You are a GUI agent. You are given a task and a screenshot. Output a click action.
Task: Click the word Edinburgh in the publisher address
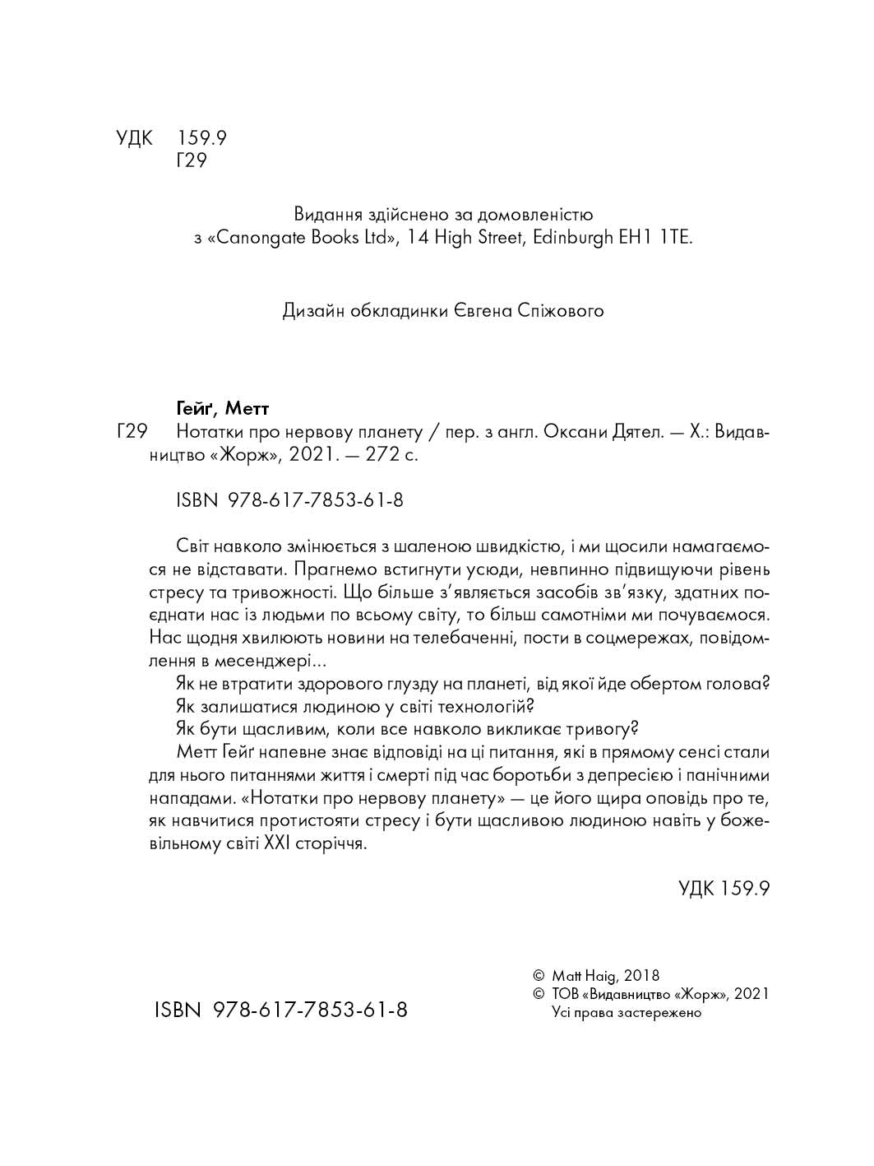click(x=573, y=239)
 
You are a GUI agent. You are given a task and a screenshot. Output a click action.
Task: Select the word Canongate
click(x=261, y=239)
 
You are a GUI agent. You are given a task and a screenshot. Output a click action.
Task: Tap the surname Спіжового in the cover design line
click(x=562, y=311)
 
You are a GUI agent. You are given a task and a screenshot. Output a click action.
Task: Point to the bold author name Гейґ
click(x=196, y=408)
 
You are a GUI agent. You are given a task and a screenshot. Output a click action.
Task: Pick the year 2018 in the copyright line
click(x=642, y=976)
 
